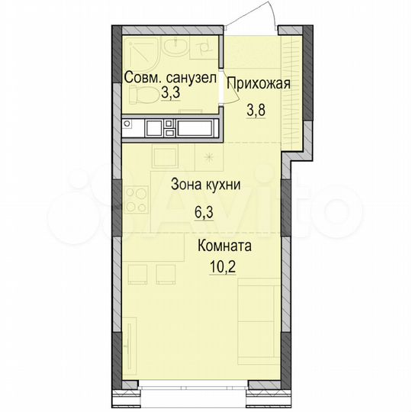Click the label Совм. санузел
coord(170,77)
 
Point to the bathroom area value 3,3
coord(170,95)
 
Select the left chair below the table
coord(138,273)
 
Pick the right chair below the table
coord(163,273)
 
